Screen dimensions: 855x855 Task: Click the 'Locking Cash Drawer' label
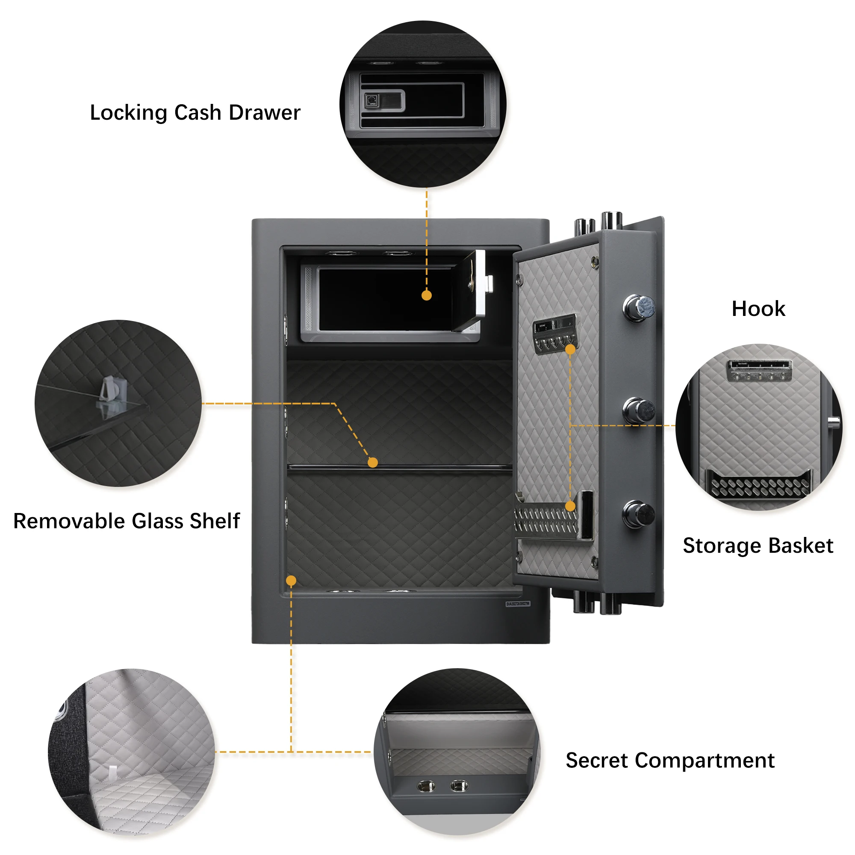[x=195, y=112]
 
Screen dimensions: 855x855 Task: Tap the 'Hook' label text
[x=758, y=309]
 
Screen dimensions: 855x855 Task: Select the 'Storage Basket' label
[x=758, y=545]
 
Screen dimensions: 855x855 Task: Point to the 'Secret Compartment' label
[x=670, y=760]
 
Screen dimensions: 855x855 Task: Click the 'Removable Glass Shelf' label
[x=127, y=521]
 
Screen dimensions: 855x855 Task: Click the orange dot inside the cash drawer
[x=427, y=295]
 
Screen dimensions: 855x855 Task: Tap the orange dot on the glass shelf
[x=373, y=463]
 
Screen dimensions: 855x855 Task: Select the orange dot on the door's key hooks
[x=570, y=350]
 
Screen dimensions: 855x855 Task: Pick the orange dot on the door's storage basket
[x=570, y=506]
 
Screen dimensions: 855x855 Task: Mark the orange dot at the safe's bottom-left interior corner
[x=291, y=581]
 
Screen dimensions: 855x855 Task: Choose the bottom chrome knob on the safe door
[x=639, y=514]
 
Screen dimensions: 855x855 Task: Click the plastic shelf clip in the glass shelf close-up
[x=109, y=392]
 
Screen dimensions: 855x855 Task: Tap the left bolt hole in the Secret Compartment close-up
[x=426, y=787]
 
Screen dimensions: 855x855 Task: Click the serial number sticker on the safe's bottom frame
[x=518, y=604]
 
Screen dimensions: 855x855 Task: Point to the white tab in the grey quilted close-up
[x=113, y=772]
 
